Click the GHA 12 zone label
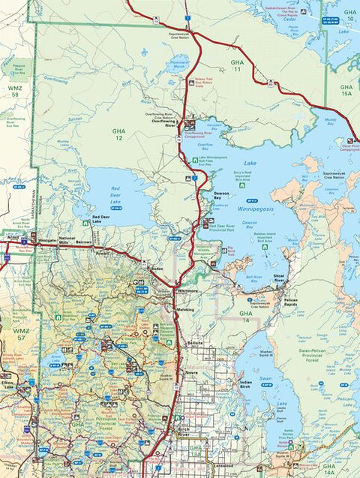coord(118,134)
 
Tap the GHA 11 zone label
coord(238,65)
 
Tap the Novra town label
coord(192,371)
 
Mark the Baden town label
coord(157,268)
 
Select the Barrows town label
coord(83,243)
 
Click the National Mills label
coord(67,240)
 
